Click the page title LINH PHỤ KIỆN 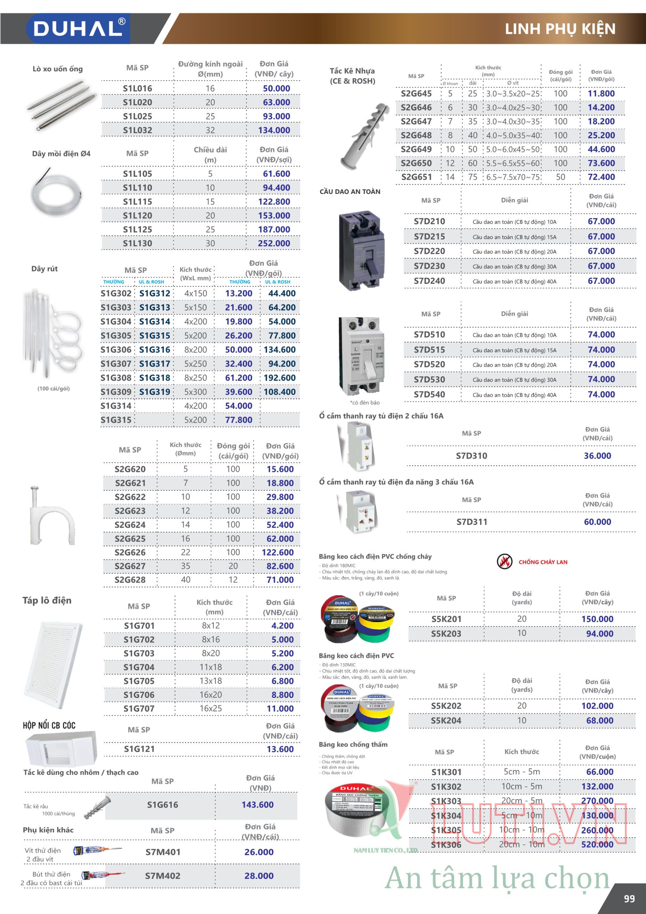[560, 29]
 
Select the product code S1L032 [137, 130]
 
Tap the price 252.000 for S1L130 [274, 243]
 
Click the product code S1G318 [155, 378]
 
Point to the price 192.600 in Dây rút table [279, 378]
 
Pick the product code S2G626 [130, 552]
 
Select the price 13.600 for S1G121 [280, 749]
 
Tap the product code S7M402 [162, 876]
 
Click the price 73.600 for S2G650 [601, 163]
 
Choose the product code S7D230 [429, 266]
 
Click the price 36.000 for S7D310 [597, 456]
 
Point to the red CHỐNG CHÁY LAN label [542, 562]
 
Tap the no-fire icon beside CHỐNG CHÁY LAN [504, 562]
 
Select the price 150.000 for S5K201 [597, 619]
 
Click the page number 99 [629, 899]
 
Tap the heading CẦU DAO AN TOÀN [350, 191]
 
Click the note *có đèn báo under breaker [365, 402]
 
